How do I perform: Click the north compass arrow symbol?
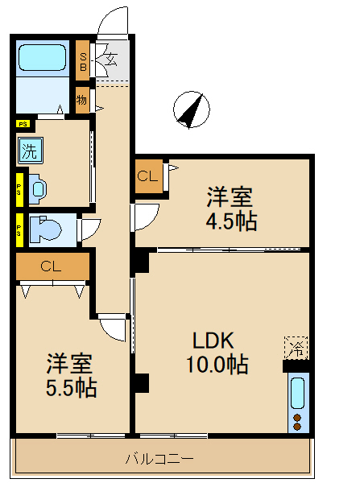191,110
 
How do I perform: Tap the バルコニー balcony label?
159,460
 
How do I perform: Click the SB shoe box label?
83,61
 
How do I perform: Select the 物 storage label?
82,101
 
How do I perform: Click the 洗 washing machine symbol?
29,150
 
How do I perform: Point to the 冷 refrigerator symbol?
296,349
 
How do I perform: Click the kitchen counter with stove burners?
297,403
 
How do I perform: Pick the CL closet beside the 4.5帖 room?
147,175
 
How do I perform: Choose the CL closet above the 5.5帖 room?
51,266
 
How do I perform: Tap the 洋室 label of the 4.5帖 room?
230,196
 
